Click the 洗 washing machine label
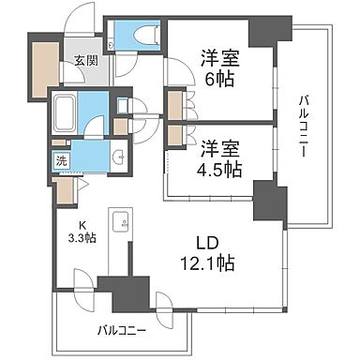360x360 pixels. (x=59, y=159)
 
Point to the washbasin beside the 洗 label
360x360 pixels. (x=119, y=157)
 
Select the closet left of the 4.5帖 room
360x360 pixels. (x=175, y=132)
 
